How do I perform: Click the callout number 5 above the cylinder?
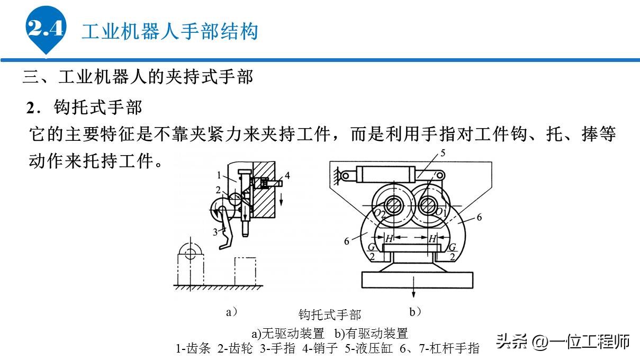click(443, 154)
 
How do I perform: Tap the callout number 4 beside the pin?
click(287, 175)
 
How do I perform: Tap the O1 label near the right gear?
click(439, 212)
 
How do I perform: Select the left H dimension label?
click(389, 239)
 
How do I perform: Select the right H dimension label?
click(432, 239)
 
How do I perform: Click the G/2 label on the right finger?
click(452, 251)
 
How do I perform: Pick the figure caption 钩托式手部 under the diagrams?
click(330, 315)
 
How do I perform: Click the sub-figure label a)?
click(231, 312)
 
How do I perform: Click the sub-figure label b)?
click(415, 312)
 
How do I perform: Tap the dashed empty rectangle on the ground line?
click(245, 271)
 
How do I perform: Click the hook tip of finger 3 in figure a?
click(224, 246)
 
